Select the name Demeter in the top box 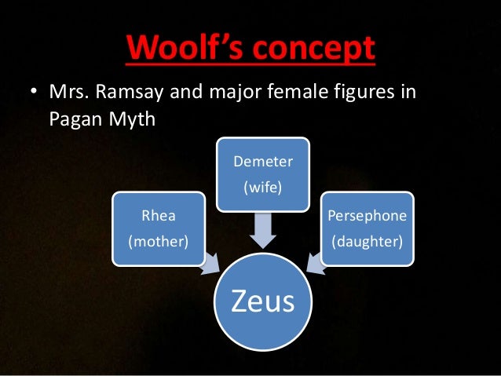click(x=263, y=162)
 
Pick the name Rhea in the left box click(x=158, y=214)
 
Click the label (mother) click(x=158, y=239)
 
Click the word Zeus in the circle click(x=263, y=300)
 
